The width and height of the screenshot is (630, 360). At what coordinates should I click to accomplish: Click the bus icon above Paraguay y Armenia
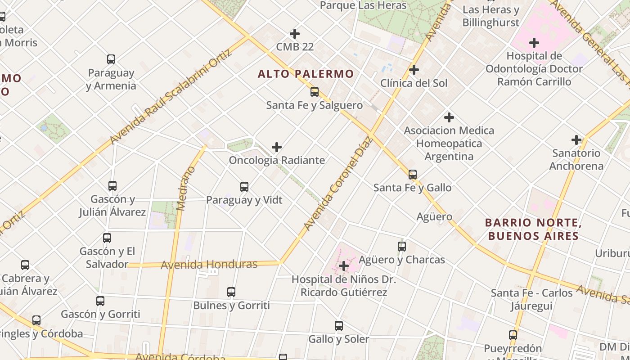(111, 59)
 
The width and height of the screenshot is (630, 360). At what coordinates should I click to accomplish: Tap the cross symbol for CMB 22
(295, 34)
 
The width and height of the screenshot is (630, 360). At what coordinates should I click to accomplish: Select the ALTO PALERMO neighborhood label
(306, 74)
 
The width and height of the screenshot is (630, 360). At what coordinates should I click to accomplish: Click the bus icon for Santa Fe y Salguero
(315, 92)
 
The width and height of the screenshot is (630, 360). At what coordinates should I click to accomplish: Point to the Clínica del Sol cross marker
(414, 70)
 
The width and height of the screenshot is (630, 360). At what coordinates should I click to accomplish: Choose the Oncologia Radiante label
(277, 160)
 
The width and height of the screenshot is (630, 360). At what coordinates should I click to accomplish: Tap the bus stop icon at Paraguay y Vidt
(244, 186)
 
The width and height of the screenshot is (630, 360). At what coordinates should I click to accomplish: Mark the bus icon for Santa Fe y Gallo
(413, 175)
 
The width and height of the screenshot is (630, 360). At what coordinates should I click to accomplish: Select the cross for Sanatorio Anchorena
(576, 140)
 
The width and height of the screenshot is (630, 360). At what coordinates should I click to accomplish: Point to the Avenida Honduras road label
(209, 264)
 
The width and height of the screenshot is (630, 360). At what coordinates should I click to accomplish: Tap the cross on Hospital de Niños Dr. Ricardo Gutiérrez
(344, 266)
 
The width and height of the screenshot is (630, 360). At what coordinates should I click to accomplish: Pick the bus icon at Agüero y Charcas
(402, 247)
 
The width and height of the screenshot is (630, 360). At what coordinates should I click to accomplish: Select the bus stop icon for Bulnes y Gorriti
(231, 292)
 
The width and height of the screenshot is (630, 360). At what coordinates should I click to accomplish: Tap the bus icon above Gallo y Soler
(339, 326)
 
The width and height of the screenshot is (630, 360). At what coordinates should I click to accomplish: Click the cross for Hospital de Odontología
(534, 43)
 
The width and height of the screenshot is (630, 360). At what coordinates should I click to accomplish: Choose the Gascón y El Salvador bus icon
(107, 238)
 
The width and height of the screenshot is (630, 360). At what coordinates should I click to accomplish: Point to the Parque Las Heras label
(363, 5)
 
